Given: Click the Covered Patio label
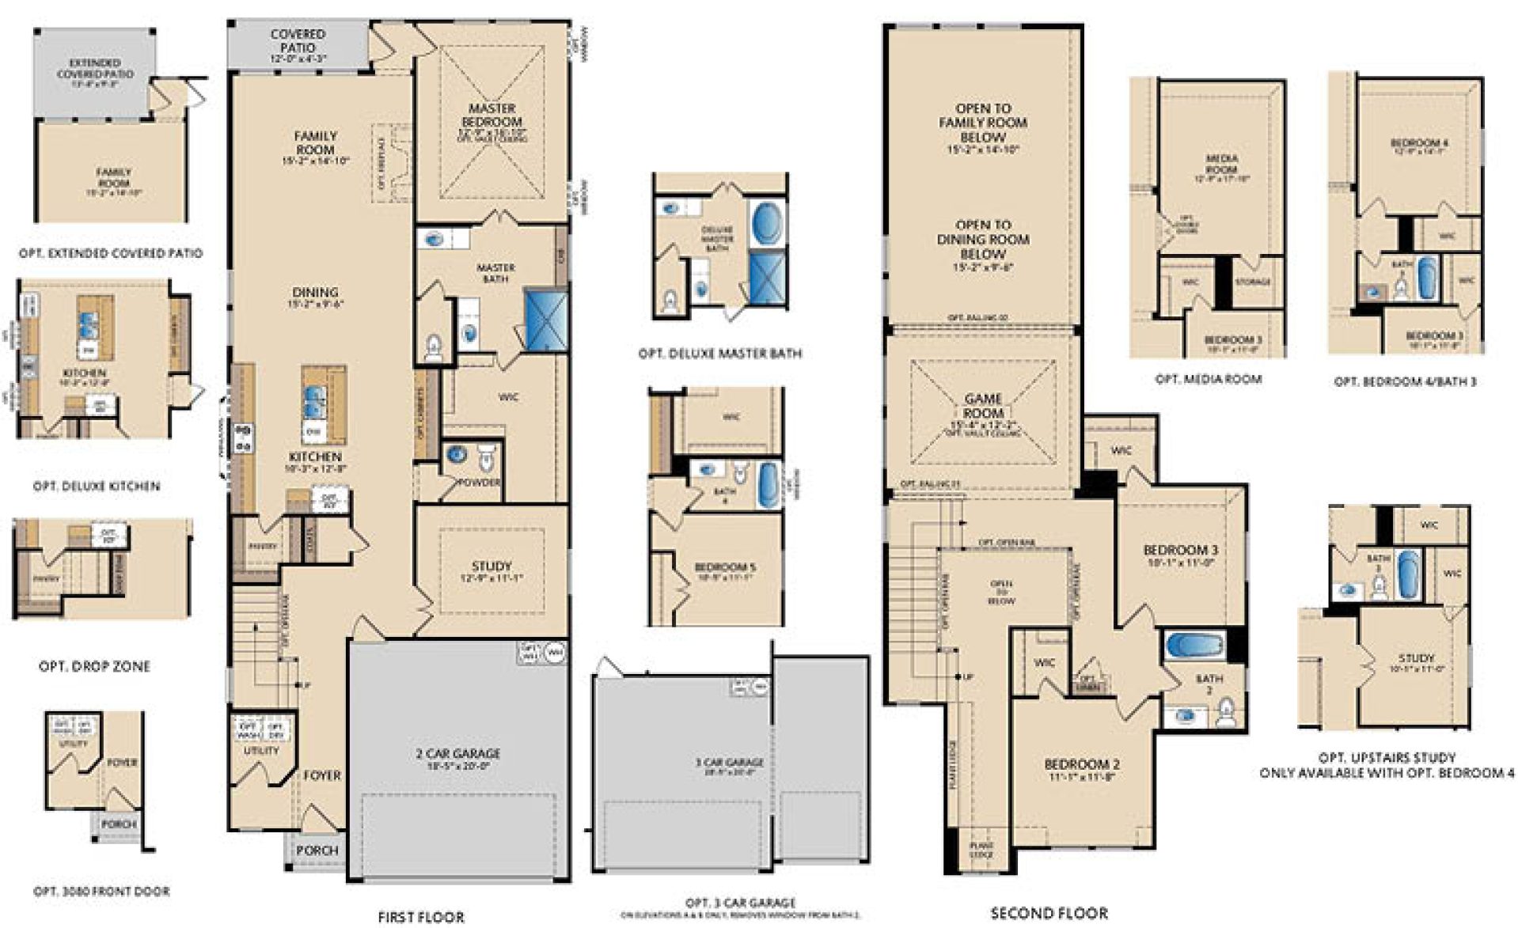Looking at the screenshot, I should coord(298,40).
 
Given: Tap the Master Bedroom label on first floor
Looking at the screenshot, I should coord(491,115).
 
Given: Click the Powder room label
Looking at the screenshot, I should coord(480,482).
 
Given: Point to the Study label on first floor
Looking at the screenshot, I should coord(491,566).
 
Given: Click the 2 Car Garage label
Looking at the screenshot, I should coord(458,754).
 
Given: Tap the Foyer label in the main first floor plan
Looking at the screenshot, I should coord(322,775).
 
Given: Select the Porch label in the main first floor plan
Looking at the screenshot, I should coord(317,850).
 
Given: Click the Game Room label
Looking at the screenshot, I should coord(984,406).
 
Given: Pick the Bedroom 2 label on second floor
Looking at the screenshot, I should coord(1082,764).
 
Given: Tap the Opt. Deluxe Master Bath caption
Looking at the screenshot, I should coord(719,354).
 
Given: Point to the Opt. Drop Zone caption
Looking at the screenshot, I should coord(94,666).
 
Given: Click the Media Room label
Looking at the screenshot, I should coord(1222,164).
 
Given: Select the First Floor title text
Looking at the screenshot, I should coord(421,917).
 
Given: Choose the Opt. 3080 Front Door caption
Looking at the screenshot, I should coord(101,891).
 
